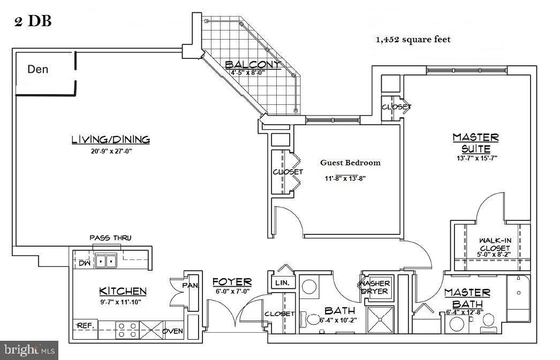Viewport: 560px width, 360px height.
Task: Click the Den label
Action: coord(38,69)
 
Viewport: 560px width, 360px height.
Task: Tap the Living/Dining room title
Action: coord(111,140)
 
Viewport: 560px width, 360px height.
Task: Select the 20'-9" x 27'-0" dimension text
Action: coord(111,151)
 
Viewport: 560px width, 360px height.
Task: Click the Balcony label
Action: coord(253,64)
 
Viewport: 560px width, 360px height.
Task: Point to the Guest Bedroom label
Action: coord(350,163)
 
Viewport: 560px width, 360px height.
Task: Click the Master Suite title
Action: coord(476,143)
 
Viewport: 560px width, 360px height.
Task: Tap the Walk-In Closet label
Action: coord(495,244)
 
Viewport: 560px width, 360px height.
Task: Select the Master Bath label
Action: coord(467,298)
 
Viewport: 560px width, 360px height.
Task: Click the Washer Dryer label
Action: coord(375,287)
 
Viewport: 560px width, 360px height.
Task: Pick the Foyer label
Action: coord(232,282)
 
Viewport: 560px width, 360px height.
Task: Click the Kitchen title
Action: coord(123,292)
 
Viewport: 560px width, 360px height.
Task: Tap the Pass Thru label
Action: coord(110,238)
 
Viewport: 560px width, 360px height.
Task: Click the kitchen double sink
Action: coord(106,262)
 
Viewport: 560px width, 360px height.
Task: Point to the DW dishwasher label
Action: coord(85,263)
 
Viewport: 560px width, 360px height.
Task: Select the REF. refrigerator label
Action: coord(86,325)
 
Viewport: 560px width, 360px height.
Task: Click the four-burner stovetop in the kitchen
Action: coord(127,330)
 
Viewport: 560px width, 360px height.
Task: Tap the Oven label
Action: coord(173,331)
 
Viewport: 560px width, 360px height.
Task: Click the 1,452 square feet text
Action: coord(413,40)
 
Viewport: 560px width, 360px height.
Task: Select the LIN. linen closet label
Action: coord(282,283)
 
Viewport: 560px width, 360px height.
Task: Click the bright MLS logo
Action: coord(29,350)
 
